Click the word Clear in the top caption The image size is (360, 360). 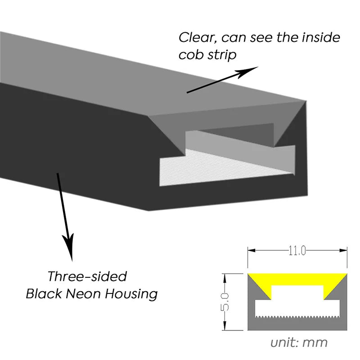(195, 37)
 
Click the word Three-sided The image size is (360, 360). (87, 276)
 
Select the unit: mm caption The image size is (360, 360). (299, 342)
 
